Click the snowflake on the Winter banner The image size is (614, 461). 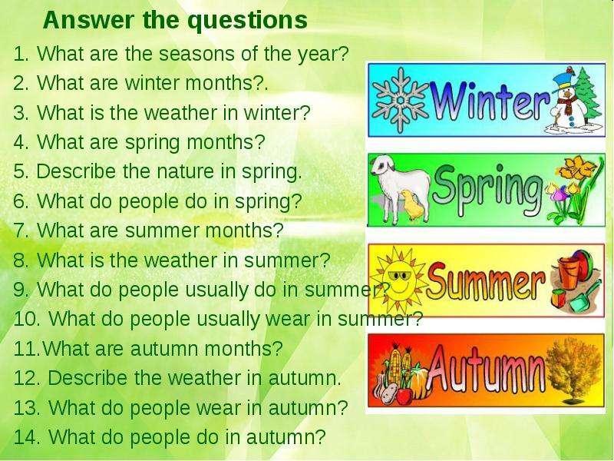[400, 101]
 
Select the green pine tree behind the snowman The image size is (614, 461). [587, 94]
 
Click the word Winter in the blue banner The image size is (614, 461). [490, 101]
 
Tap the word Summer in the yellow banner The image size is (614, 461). [486, 280]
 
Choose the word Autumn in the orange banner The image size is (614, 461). [487, 369]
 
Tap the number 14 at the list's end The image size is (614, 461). [26, 436]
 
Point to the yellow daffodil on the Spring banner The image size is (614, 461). [576, 169]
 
